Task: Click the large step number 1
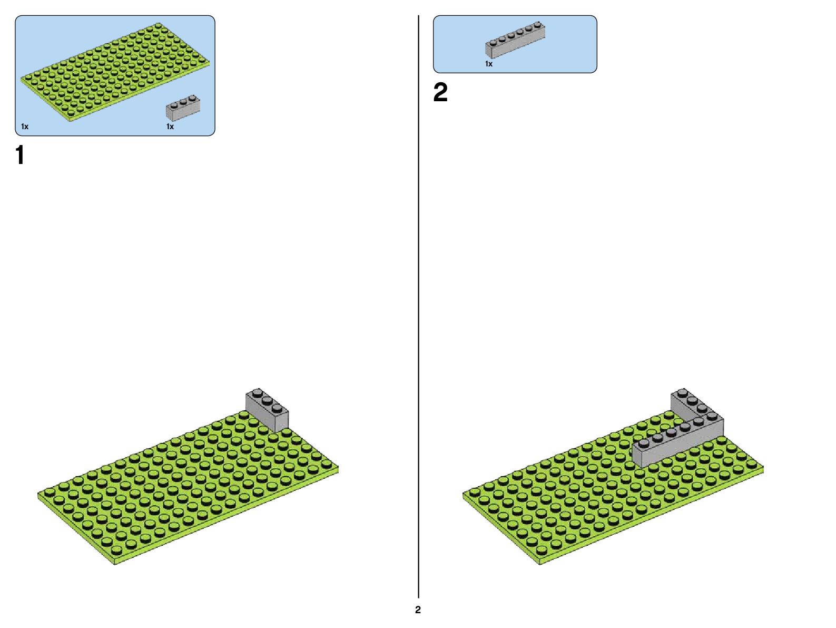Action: (20, 156)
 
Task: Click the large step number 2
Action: (440, 93)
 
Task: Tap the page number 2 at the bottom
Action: (418, 610)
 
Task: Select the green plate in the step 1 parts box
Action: (115, 71)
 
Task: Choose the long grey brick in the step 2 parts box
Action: (515, 40)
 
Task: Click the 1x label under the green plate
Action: (25, 127)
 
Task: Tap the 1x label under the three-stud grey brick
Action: (170, 127)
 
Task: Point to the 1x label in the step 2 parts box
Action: (489, 64)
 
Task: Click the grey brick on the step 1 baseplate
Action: (267, 410)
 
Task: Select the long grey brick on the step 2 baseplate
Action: (677, 443)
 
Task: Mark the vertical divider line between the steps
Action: (418, 316)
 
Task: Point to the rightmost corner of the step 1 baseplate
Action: (338, 467)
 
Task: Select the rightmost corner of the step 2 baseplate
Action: (763, 467)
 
